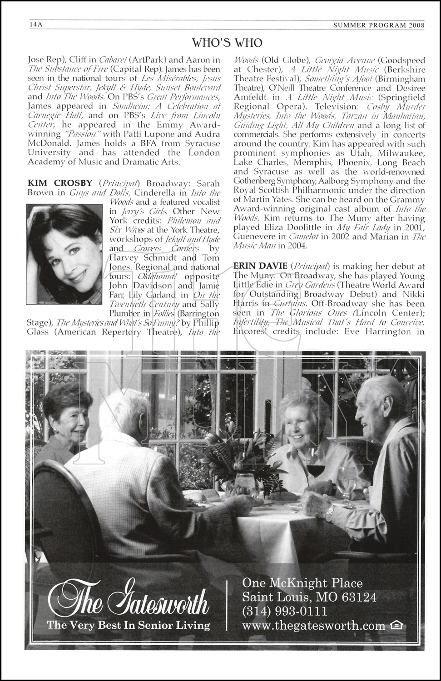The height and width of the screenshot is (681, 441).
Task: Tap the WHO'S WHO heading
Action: point(227,43)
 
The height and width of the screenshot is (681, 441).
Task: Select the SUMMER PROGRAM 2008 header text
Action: point(385,25)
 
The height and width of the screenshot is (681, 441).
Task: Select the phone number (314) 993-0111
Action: point(285,611)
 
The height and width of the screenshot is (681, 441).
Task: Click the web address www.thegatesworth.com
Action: point(314,626)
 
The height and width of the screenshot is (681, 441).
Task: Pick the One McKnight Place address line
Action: point(302,583)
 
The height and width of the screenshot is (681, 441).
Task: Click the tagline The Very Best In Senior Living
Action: point(129,626)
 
